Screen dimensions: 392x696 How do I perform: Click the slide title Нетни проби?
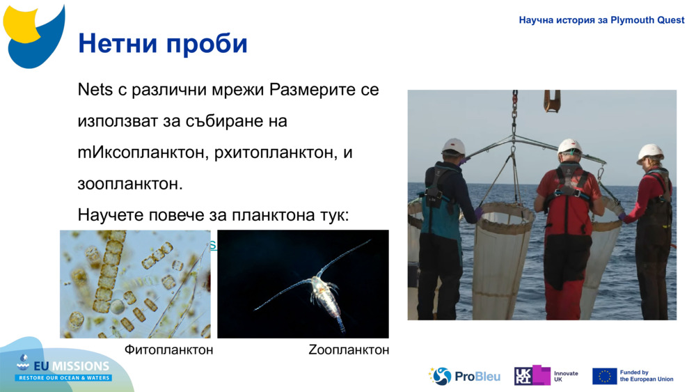[x=163, y=43]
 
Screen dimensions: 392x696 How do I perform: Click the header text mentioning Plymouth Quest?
[x=601, y=20]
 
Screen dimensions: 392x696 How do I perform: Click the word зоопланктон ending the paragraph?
[x=129, y=184]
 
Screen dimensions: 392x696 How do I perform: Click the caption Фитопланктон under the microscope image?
[x=168, y=350]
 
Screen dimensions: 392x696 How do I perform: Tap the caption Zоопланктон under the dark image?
[x=348, y=350]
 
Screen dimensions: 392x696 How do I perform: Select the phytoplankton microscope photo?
[x=135, y=284]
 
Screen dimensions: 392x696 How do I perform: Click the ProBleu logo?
[x=464, y=376]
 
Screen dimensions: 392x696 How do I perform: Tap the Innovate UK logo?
[x=546, y=376]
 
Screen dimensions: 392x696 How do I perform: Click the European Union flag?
[x=604, y=376]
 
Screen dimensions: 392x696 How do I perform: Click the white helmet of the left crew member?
[x=454, y=146]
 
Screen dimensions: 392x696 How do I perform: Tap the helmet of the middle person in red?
[x=569, y=146]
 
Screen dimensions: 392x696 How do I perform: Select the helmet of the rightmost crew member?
[x=650, y=152]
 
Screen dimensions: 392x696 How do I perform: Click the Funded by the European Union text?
[x=646, y=376]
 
